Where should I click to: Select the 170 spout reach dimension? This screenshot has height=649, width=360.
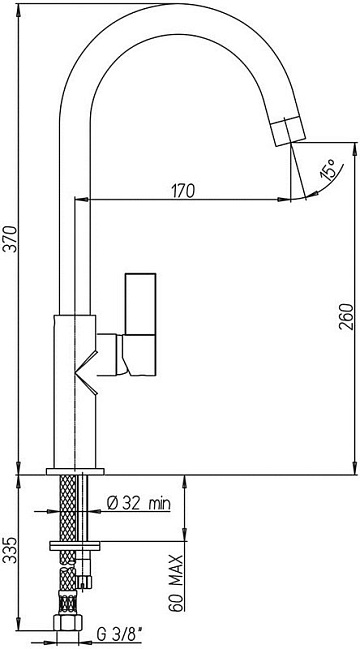click(x=182, y=191)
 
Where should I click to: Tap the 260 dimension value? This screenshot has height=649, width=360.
click(x=346, y=317)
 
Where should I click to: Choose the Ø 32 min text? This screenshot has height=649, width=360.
click(x=138, y=503)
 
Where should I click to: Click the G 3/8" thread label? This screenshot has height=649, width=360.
click(x=119, y=633)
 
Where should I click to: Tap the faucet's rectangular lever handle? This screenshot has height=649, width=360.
click(x=140, y=324)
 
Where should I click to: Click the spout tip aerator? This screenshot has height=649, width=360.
click(x=289, y=131)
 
